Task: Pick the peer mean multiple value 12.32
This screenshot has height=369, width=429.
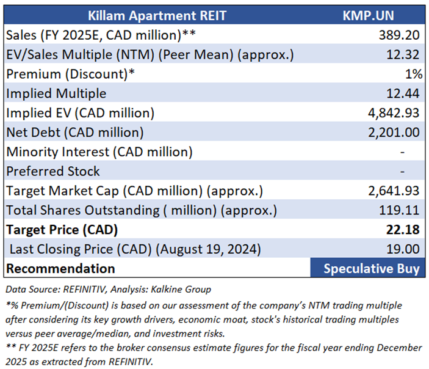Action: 403,54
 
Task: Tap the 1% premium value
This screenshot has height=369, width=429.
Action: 413,74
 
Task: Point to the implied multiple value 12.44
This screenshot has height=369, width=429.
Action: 403,93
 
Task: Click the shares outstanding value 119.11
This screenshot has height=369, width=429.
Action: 402,211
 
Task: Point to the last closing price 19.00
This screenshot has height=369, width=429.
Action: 403,249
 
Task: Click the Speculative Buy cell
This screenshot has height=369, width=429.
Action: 372,269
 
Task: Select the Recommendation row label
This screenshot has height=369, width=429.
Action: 60,269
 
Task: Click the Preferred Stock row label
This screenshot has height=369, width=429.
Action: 53,172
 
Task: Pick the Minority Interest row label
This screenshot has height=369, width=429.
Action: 99,152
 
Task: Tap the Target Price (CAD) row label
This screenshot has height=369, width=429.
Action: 62,230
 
